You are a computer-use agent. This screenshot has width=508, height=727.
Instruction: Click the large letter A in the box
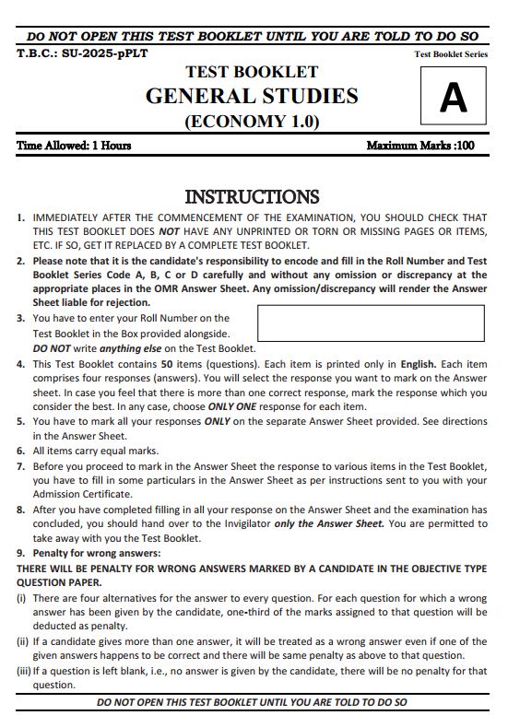453,97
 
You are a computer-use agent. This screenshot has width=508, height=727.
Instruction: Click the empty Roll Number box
371,323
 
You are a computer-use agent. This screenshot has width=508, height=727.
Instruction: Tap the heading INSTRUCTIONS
252,196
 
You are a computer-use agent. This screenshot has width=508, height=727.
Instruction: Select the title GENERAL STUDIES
252,96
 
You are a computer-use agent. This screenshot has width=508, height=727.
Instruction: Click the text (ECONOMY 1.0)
252,121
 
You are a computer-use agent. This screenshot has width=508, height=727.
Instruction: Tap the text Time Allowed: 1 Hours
74,146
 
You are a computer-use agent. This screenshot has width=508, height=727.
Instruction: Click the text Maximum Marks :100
420,146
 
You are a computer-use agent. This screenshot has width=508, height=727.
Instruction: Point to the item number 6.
20,451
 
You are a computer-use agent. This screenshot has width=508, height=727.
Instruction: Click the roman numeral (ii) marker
23,641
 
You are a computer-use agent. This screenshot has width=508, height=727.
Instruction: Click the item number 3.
20,318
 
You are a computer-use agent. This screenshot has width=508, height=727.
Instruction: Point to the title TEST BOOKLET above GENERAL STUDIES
252,72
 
